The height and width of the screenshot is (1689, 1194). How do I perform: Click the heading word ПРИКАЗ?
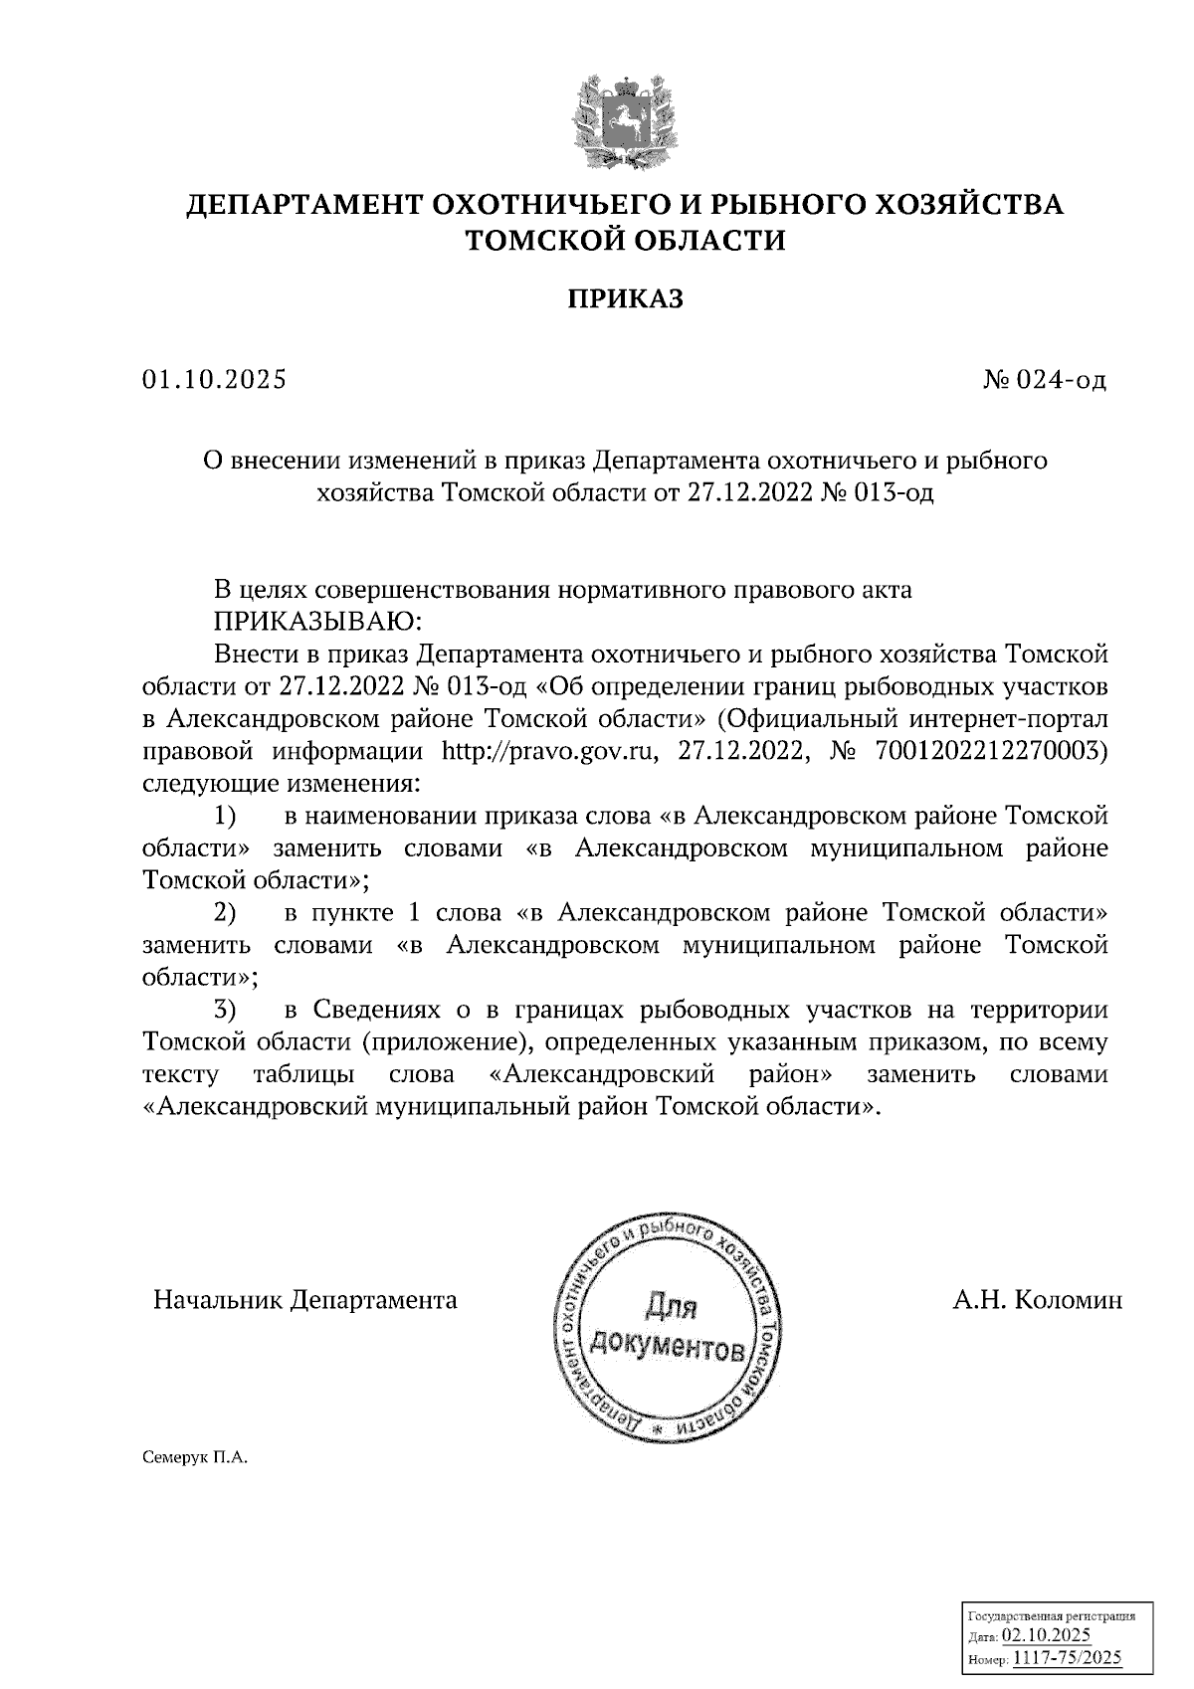(626, 299)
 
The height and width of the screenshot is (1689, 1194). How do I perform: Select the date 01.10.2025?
(214, 380)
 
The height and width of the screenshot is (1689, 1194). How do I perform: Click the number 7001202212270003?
(991, 750)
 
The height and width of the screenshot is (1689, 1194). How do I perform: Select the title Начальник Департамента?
(304, 1300)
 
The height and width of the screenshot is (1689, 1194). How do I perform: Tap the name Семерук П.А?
(193, 1458)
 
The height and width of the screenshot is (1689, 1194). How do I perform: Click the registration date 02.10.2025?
(1046, 1635)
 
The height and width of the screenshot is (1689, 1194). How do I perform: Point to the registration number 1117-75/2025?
(1066, 1657)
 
